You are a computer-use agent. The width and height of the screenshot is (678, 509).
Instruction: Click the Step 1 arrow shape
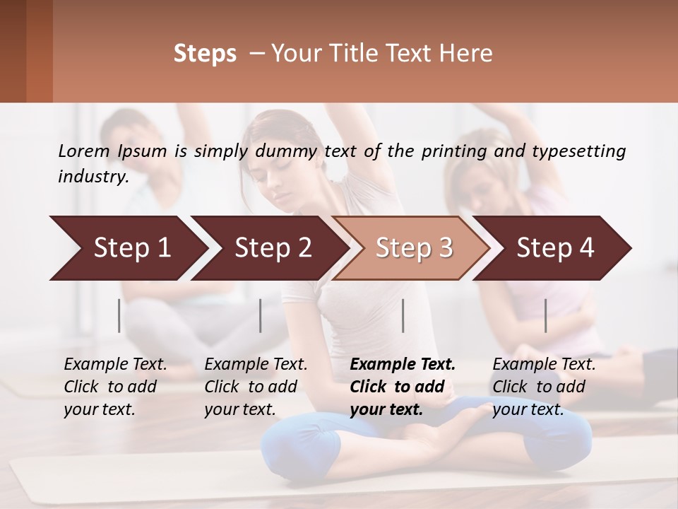(127, 248)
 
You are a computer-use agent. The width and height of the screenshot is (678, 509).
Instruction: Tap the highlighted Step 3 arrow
(413, 248)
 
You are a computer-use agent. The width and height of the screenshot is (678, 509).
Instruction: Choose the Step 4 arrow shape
(554, 248)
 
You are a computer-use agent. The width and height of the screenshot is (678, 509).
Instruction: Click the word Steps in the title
(205, 54)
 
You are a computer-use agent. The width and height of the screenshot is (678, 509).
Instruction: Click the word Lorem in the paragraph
(84, 151)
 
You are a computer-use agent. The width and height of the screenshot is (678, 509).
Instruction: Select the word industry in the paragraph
(92, 177)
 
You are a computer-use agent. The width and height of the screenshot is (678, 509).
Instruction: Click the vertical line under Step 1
(119, 315)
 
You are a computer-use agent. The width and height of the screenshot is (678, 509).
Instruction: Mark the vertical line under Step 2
(261, 315)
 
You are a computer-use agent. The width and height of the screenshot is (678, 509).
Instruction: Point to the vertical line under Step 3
(403, 315)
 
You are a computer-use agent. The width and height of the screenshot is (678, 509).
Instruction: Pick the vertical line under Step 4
(545, 315)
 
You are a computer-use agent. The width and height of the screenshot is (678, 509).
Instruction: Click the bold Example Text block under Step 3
(402, 387)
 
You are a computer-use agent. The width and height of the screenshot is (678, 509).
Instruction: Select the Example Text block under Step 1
(115, 387)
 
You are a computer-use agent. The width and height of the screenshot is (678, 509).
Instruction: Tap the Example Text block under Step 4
(544, 387)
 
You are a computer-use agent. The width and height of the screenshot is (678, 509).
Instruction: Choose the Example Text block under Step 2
(256, 387)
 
